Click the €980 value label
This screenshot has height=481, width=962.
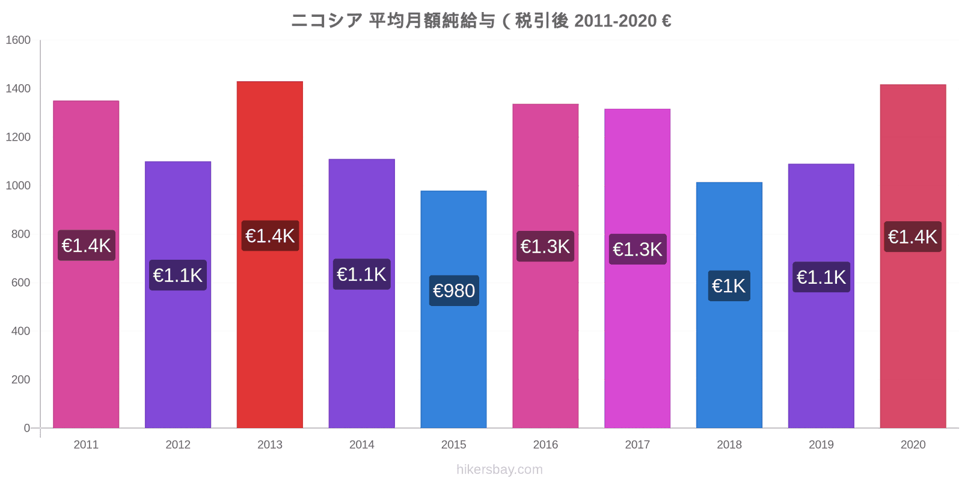pyautogui.click(x=454, y=291)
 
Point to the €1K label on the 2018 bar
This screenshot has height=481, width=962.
pyautogui.click(x=729, y=286)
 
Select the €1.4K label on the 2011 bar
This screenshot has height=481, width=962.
pyautogui.click(x=86, y=245)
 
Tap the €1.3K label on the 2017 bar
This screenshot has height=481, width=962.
pyautogui.click(x=637, y=249)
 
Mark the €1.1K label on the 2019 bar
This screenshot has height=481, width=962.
pyautogui.click(x=821, y=277)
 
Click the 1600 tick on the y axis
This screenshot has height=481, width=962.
pyautogui.click(x=18, y=40)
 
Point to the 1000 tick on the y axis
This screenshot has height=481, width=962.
pyautogui.click(x=18, y=186)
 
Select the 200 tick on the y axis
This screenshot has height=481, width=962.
pyautogui.click(x=20, y=379)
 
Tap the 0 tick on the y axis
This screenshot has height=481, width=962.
pyautogui.click(x=26, y=428)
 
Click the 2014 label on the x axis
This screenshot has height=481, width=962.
pyautogui.click(x=361, y=445)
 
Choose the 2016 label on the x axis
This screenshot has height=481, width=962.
pyautogui.click(x=545, y=445)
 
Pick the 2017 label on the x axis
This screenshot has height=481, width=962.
pyautogui.click(x=637, y=445)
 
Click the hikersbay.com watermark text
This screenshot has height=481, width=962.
pyautogui.click(x=499, y=470)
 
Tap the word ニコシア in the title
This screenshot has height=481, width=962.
pyautogui.click(x=326, y=21)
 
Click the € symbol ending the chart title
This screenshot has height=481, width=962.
pyautogui.click(x=666, y=21)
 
